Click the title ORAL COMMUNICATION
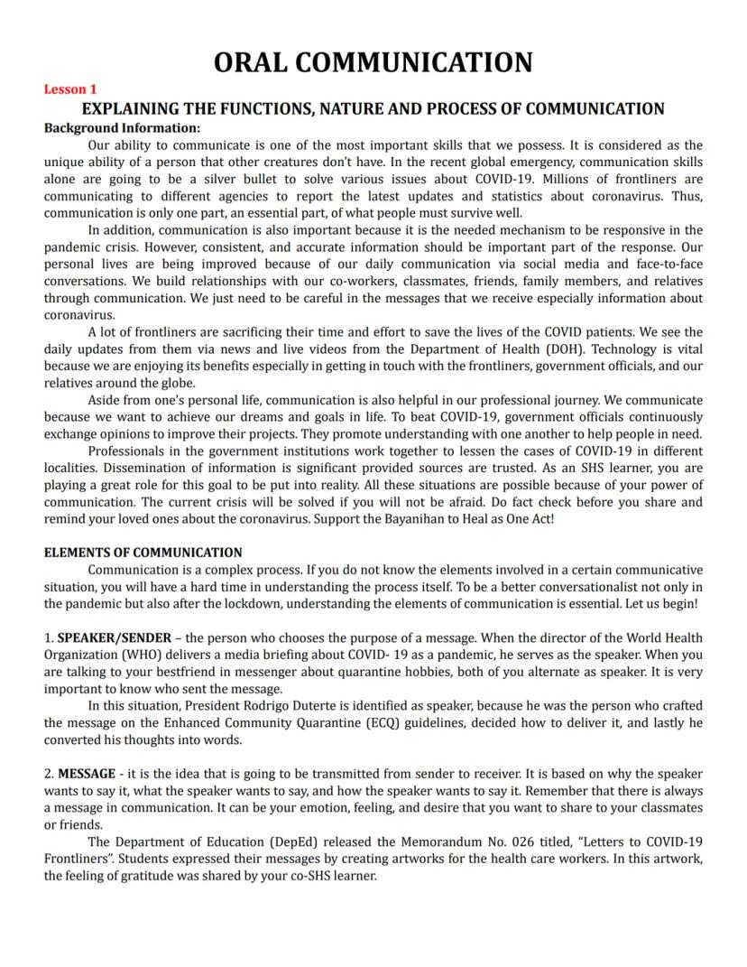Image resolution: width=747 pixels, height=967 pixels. [373, 62]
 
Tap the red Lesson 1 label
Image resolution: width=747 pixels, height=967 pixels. [70, 89]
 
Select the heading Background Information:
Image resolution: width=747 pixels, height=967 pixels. [122, 128]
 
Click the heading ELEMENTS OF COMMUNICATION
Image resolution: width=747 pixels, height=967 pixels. [143, 553]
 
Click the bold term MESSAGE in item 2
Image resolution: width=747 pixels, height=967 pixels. [87, 774]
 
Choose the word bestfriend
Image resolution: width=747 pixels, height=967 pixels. [225, 672]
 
